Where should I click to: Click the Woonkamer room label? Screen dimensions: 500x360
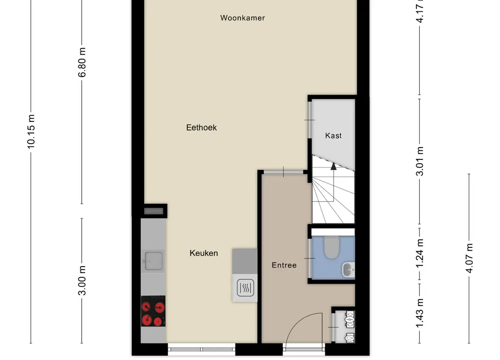click(x=242, y=18)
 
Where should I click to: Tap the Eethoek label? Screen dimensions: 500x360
click(x=201, y=127)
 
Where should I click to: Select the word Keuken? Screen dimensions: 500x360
click(x=204, y=253)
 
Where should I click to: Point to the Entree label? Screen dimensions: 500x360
click(x=284, y=265)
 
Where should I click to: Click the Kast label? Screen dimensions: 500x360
click(x=333, y=136)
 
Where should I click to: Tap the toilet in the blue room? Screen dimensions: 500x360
click(x=331, y=247)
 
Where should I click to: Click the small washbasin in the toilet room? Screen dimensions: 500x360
click(x=348, y=270)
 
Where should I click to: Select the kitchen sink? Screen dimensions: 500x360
click(x=153, y=261)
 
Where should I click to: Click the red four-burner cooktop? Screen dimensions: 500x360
click(x=153, y=311)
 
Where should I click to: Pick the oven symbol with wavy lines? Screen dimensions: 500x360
click(x=245, y=288)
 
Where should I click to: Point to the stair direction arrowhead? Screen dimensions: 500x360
click(x=333, y=166)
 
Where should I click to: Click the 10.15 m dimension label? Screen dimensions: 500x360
click(x=31, y=131)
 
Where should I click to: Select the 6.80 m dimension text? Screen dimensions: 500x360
click(x=82, y=62)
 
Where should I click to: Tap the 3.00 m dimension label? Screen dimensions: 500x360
click(x=82, y=280)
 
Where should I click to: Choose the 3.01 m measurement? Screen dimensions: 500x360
click(x=420, y=161)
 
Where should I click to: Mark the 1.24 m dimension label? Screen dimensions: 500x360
click(x=420, y=253)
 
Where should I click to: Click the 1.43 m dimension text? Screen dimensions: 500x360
click(x=420, y=313)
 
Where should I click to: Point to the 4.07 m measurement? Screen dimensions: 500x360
click(x=469, y=258)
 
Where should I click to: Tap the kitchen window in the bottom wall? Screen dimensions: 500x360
click(x=202, y=350)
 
